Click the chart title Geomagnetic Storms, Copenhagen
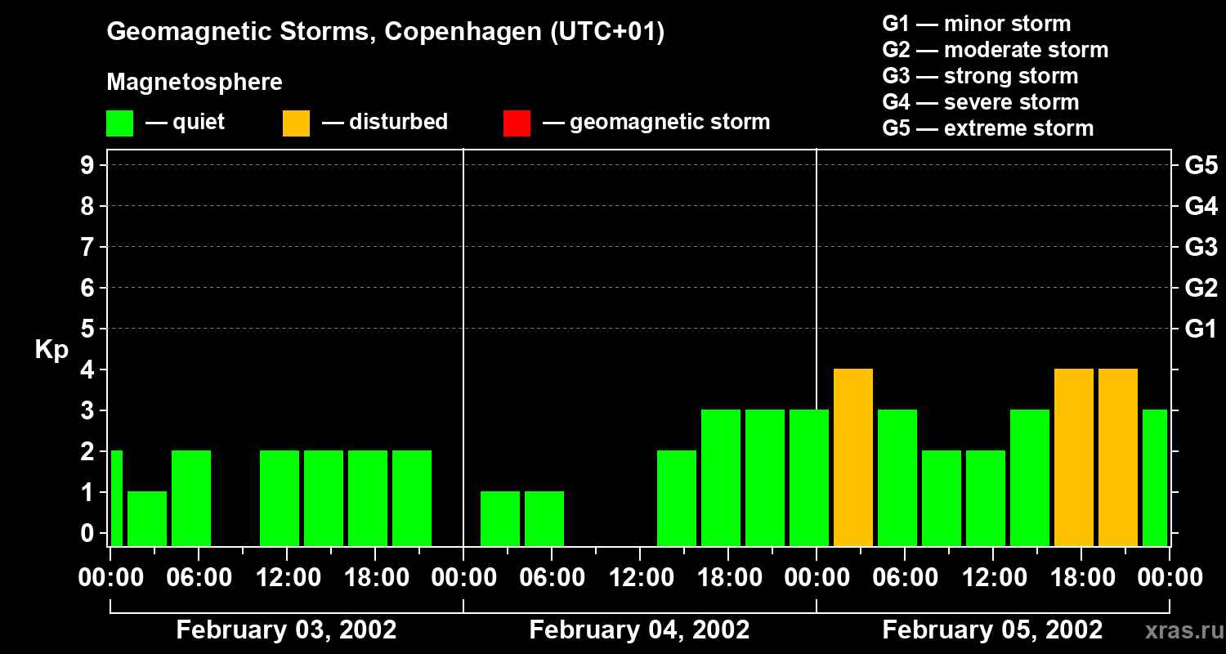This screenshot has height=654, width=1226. [x=385, y=32]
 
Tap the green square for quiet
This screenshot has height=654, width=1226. [x=119, y=123]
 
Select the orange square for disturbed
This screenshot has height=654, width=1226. [x=296, y=123]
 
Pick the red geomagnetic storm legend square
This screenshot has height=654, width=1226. [x=517, y=123]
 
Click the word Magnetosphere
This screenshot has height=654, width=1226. [x=195, y=83]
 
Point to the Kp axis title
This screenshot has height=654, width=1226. [x=51, y=350]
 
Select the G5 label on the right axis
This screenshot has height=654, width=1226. [x=1201, y=165]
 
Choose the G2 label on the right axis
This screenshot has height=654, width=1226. [x=1201, y=288]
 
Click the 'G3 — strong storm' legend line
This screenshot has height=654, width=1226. [x=980, y=76]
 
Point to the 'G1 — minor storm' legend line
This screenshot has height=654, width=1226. [x=976, y=24]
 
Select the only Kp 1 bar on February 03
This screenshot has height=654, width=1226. [x=147, y=518]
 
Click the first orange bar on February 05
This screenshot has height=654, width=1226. [x=853, y=457]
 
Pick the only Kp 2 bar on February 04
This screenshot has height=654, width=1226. [x=677, y=498]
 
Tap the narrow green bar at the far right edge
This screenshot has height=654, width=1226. [x=1155, y=477]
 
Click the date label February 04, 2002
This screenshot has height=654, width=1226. [x=639, y=630]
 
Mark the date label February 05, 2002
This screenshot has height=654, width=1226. [x=992, y=630]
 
